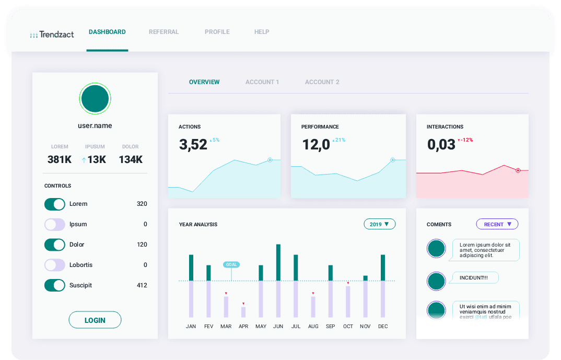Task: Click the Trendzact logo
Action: click(x=52, y=34)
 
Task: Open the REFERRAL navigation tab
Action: click(x=163, y=32)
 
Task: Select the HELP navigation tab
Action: click(x=262, y=32)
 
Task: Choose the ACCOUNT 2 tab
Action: click(x=322, y=82)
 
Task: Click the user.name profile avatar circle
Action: click(x=95, y=98)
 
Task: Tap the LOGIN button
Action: click(x=95, y=320)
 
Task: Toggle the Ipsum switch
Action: click(x=54, y=224)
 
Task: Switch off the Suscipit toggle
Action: click(x=54, y=285)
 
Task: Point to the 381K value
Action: click(x=60, y=160)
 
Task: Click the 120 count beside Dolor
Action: click(x=142, y=245)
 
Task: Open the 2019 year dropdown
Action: click(x=379, y=224)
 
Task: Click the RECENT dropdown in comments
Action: click(x=497, y=224)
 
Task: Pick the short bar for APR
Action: click(x=243, y=312)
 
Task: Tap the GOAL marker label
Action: click(x=231, y=264)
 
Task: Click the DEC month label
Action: click(x=383, y=327)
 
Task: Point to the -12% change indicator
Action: click(x=465, y=140)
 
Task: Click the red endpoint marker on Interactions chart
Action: click(x=518, y=170)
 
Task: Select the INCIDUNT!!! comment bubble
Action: click(x=473, y=278)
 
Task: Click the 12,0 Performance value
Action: click(x=316, y=145)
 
